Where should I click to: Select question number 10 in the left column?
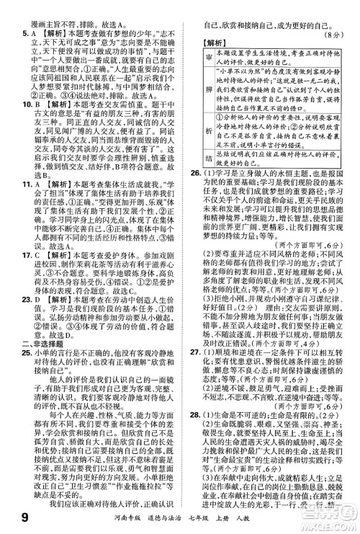[x=9, y=103]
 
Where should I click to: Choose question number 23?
[x=9, y=331]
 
